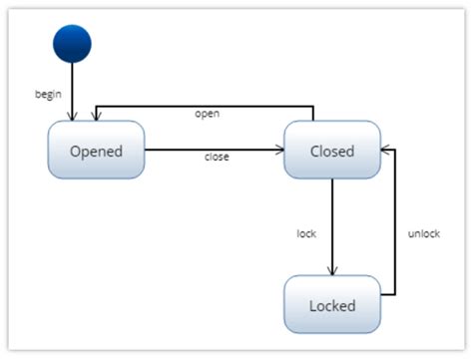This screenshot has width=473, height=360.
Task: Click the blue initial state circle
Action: tap(72, 44)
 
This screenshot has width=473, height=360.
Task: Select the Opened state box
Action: tap(96, 152)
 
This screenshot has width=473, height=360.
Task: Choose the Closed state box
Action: tap(332, 152)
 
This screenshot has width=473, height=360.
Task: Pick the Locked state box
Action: tap(332, 304)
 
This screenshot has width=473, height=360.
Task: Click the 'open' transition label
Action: tap(207, 114)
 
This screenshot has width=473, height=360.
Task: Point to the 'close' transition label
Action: tap(217, 158)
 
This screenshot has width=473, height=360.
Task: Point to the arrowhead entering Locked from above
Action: tap(332, 271)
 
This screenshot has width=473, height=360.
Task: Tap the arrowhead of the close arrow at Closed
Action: tap(278, 150)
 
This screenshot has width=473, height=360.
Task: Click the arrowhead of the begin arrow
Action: tap(72, 118)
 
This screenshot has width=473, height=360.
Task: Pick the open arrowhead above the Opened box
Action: tap(95, 119)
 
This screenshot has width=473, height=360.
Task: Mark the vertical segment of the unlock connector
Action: tap(397, 224)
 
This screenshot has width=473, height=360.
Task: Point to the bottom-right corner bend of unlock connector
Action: tap(397, 295)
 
